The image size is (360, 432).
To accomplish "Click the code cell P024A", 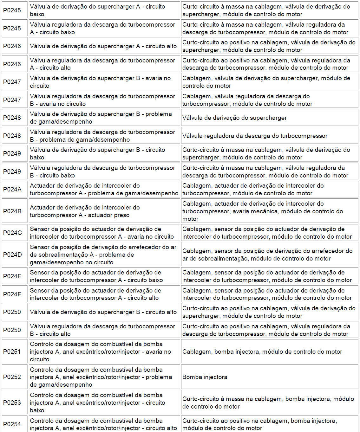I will tap(13, 189).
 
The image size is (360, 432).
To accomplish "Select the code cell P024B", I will tap(13, 211).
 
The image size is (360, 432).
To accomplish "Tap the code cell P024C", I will tap(13, 233).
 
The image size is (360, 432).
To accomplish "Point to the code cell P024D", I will tap(13, 255).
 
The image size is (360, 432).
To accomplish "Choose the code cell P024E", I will tap(13, 276).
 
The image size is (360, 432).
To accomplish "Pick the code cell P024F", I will tap(13, 294).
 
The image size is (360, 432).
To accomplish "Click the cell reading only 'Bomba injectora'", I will tap(205, 377).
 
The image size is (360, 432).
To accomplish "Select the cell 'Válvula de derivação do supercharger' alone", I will tap(234, 118).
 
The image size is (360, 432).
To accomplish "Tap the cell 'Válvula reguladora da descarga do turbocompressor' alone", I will tap(255, 136).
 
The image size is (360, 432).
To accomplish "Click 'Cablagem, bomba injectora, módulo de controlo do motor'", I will tap(262, 351).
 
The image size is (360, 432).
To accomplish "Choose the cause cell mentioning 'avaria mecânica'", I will tap(269, 211).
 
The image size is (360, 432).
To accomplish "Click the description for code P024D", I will tap(104, 255).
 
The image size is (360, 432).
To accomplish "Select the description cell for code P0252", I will tap(104, 377).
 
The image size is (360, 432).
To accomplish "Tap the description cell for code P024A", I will tap(104, 189).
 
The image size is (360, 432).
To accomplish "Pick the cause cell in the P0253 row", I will tap(269, 403).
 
